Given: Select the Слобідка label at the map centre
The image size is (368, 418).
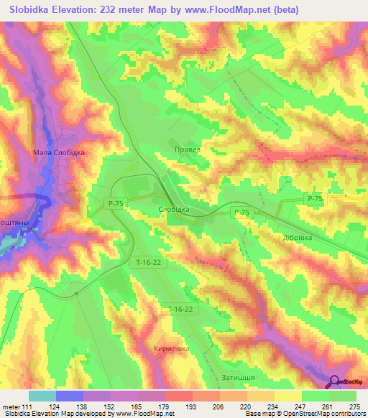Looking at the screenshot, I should [x=173, y=209].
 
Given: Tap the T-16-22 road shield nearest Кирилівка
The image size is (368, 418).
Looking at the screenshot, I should [x=178, y=309].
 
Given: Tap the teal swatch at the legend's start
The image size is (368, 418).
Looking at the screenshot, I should [x=42, y=396].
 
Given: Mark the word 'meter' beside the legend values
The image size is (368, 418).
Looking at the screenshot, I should [x=10, y=407].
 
